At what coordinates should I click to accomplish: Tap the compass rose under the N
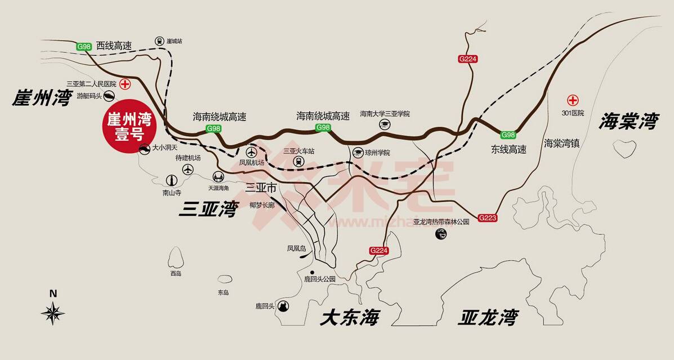click(53, 313)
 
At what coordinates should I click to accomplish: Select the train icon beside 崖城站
click(160, 41)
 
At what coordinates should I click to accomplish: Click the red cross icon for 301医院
click(573, 101)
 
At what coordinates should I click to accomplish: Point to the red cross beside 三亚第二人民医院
click(125, 84)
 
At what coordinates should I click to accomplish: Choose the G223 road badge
click(488, 217)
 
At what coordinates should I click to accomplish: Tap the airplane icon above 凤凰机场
click(251, 152)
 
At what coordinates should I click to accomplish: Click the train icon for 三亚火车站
click(298, 162)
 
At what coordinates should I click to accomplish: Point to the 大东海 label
click(349, 318)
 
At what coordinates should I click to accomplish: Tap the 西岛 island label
click(176, 273)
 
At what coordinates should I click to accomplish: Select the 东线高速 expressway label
click(508, 150)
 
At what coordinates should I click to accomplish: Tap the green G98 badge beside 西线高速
click(84, 47)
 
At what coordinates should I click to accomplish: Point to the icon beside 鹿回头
click(283, 306)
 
